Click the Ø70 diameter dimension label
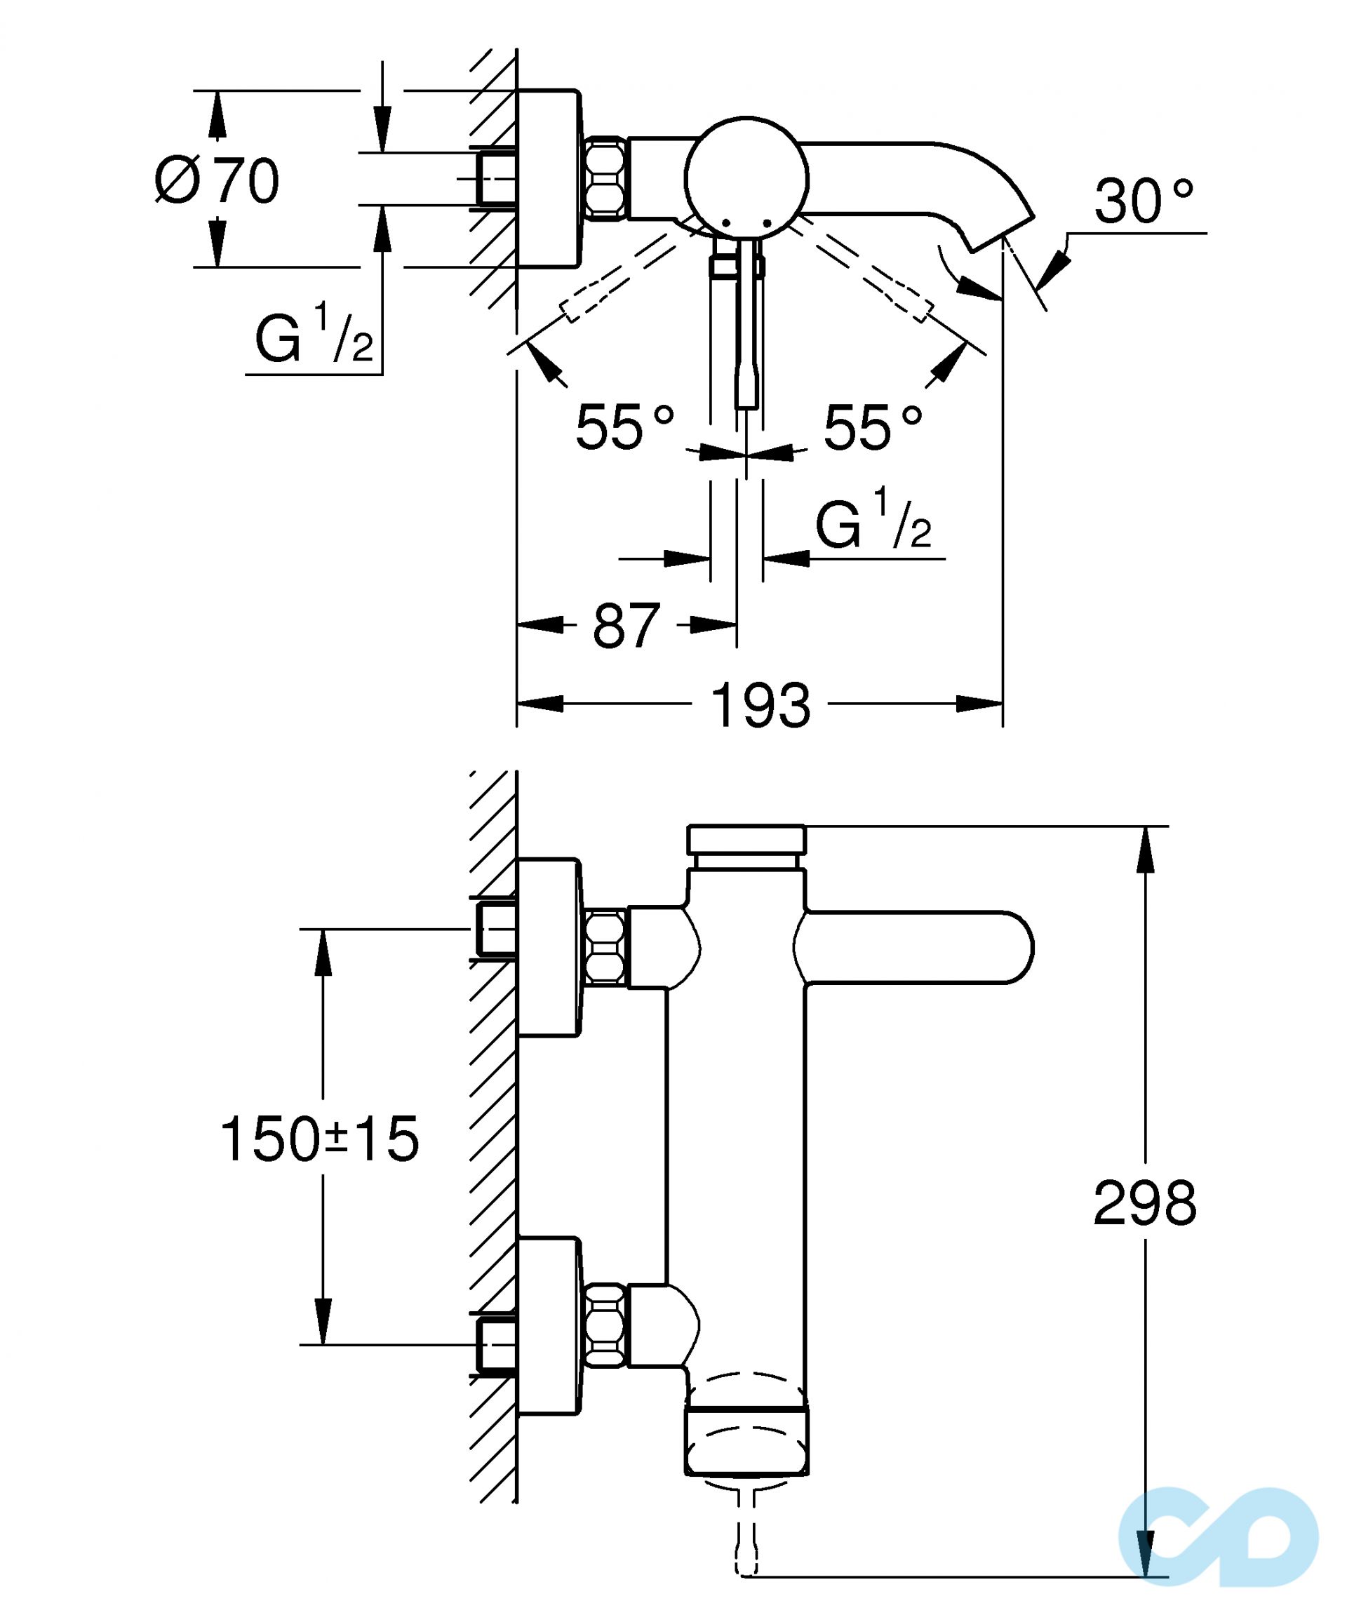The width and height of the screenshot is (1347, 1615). (x=217, y=181)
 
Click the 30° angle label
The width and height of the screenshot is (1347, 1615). (x=1144, y=202)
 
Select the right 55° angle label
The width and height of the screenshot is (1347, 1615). (x=873, y=427)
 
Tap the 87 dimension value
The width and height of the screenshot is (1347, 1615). (x=626, y=625)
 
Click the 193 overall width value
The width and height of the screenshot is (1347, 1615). (x=760, y=705)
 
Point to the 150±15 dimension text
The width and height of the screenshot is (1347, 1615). (x=320, y=1139)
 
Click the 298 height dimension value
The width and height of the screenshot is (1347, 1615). (x=1145, y=1202)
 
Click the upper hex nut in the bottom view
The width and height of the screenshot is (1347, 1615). (x=606, y=946)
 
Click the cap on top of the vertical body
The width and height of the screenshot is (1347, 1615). (x=746, y=838)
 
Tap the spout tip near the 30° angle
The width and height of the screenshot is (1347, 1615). (x=1000, y=231)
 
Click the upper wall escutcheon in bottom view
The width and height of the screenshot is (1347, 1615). (x=547, y=946)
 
